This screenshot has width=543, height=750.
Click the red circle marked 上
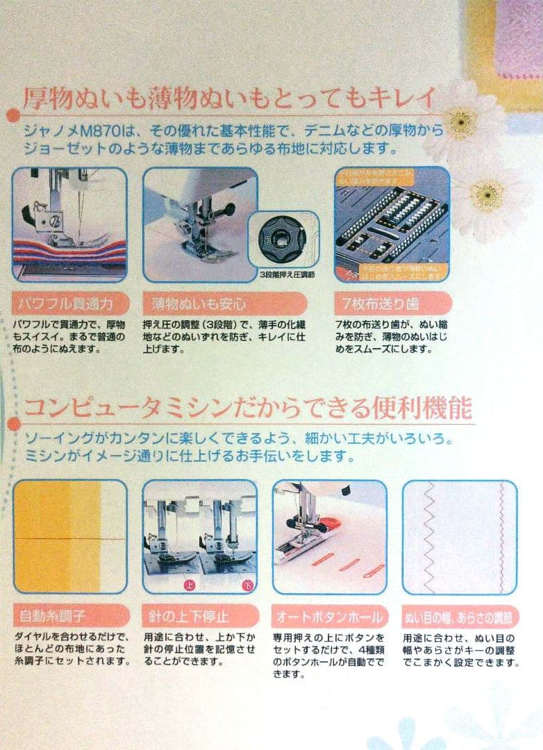click(x=187, y=585)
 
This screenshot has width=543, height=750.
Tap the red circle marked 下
click(x=247, y=585)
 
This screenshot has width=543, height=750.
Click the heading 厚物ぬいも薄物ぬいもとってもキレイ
click(x=229, y=97)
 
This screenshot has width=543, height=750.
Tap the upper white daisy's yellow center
click(x=460, y=124)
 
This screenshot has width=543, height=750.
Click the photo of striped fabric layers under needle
click(x=69, y=224)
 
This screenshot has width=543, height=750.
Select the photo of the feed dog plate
click(x=392, y=224)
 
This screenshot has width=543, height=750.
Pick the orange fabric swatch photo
click(x=69, y=536)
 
